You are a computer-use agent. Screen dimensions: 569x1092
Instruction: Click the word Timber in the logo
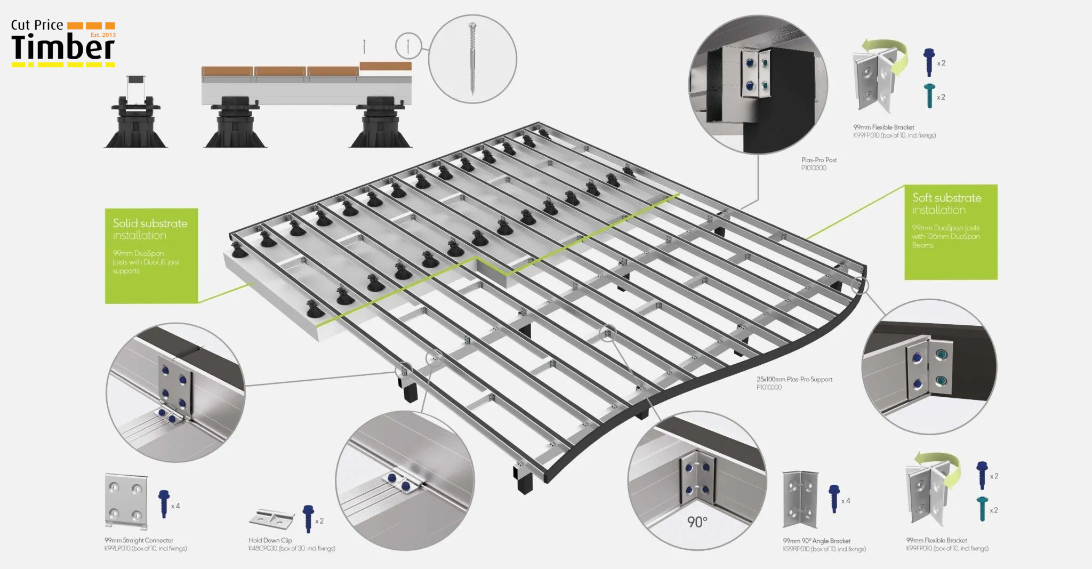click(x=62, y=48)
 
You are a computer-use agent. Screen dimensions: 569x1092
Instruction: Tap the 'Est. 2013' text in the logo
click(x=103, y=35)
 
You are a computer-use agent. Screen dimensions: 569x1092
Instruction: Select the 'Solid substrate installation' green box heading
click(x=150, y=229)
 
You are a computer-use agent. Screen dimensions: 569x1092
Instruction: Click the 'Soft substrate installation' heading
click(x=946, y=204)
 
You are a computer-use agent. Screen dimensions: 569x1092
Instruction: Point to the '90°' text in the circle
click(x=697, y=522)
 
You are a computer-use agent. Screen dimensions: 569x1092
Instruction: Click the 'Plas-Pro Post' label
click(x=818, y=160)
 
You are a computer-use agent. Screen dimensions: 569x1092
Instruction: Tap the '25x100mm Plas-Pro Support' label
click(x=794, y=379)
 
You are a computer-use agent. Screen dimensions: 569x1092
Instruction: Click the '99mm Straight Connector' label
click(x=139, y=540)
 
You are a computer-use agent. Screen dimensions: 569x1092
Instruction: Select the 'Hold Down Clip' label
click(x=270, y=540)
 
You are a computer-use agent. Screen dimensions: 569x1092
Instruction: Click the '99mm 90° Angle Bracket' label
click(x=816, y=541)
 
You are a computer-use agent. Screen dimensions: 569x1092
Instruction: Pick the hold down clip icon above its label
click(x=272, y=517)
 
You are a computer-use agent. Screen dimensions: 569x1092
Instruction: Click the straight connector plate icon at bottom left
click(x=126, y=501)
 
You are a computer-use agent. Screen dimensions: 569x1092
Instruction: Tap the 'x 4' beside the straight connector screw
click(x=175, y=506)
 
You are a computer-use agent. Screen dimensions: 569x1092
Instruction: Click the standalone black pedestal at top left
click(x=135, y=115)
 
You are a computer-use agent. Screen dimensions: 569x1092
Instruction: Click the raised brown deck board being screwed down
click(x=385, y=66)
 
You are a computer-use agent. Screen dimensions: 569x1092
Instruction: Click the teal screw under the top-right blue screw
click(x=930, y=95)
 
